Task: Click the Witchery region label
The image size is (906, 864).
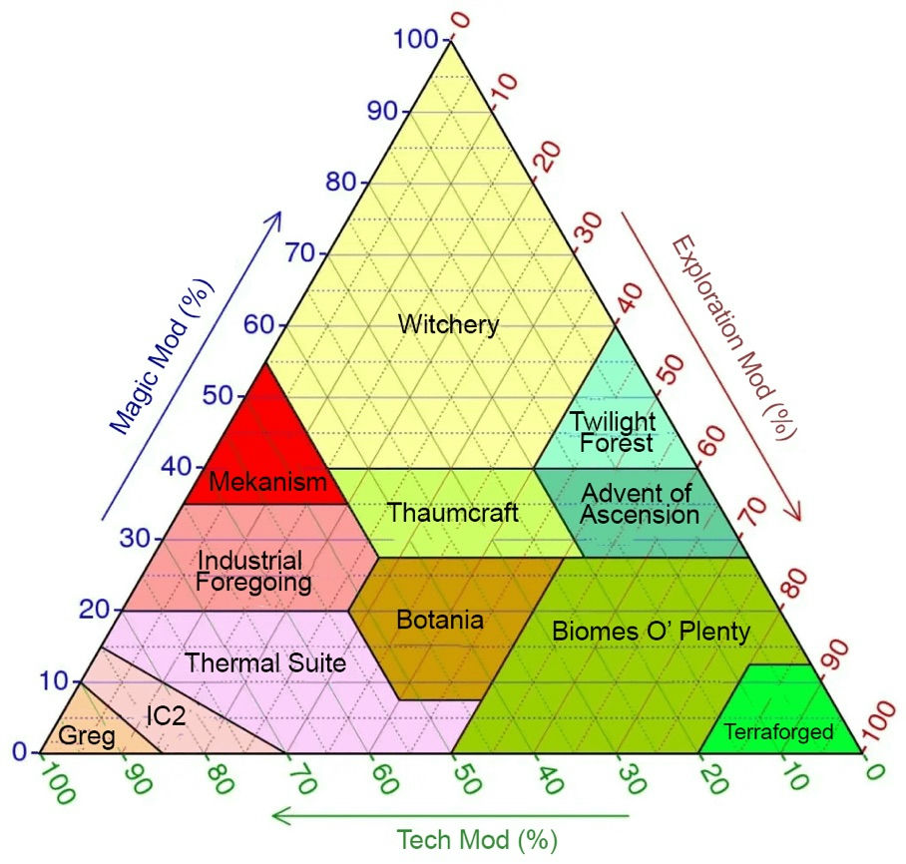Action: click(448, 325)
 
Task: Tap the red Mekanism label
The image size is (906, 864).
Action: click(267, 482)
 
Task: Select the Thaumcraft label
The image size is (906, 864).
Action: click(452, 513)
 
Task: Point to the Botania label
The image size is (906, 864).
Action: click(440, 620)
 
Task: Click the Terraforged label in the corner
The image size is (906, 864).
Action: click(778, 731)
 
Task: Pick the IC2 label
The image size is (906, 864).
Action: click(166, 716)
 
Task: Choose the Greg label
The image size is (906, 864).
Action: click(87, 736)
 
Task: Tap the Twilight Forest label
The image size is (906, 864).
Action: click(614, 432)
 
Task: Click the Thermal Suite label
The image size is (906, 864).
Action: click(265, 662)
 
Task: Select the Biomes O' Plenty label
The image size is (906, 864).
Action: click(652, 631)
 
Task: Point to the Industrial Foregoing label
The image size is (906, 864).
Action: click(253, 571)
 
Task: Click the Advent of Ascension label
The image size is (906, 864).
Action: click(640, 504)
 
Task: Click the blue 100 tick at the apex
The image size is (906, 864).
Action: click(415, 39)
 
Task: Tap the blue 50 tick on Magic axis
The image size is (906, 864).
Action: click(218, 396)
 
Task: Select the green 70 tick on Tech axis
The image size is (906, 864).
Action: click(302, 778)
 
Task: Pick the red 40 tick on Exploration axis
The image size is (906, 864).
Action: click(630, 299)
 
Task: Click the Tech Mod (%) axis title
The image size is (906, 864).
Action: click(477, 840)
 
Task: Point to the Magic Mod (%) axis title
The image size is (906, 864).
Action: click(162, 356)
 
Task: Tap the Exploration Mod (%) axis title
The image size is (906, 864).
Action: click(733, 337)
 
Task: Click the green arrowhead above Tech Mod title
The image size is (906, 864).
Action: click(280, 816)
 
